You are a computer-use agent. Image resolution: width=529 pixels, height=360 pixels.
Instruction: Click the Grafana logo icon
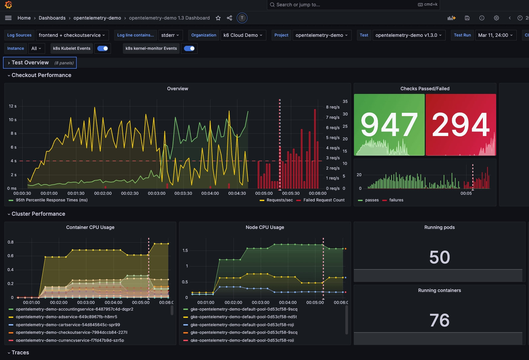[x=9, y=5]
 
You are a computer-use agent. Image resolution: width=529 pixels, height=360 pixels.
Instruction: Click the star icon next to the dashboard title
[x=218, y=18]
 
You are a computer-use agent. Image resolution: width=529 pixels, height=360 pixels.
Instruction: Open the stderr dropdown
[x=170, y=35]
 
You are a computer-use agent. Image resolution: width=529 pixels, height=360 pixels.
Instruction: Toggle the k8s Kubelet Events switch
[x=103, y=48]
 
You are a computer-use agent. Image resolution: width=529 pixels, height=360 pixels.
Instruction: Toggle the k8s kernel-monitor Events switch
[x=189, y=48]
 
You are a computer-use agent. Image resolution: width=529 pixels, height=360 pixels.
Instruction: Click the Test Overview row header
[x=30, y=63]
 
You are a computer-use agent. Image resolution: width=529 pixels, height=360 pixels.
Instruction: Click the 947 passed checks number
[x=389, y=125]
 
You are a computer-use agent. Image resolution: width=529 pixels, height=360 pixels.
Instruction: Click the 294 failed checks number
[x=461, y=125]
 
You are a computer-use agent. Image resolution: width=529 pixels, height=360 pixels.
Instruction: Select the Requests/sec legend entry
[x=279, y=200]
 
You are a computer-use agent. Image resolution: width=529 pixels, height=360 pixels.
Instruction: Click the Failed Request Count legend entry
[x=324, y=200]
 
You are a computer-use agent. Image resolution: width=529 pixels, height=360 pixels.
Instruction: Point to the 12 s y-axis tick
[x=13, y=106]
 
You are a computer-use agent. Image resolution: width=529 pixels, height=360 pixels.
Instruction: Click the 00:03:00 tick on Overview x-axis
[x=156, y=193]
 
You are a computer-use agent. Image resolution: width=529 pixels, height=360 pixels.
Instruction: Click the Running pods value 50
[x=439, y=257]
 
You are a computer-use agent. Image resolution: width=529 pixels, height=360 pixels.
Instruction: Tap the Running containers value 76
[x=439, y=320]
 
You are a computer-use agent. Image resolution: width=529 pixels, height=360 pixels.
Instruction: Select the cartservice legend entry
[x=68, y=325]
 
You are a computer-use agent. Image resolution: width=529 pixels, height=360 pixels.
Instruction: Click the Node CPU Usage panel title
[x=265, y=227]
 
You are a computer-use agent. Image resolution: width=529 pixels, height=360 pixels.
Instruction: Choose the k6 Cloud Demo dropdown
[x=243, y=35]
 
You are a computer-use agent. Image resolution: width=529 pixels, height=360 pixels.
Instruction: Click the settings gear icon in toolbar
[x=496, y=18]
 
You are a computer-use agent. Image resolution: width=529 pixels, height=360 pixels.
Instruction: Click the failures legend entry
[x=396, y=200]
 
